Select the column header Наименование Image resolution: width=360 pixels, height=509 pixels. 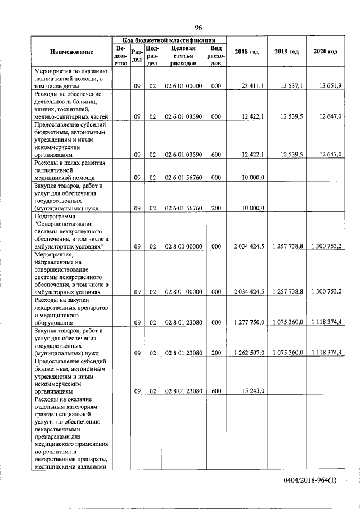click(71, 52)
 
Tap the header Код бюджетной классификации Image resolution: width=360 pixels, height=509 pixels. click(169, 40)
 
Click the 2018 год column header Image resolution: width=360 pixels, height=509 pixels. click(247, 52)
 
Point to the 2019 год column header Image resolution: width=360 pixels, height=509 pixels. click(286, 52)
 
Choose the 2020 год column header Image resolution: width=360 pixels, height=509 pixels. click(325, 52)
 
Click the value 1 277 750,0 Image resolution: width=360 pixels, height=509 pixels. click(249, 322)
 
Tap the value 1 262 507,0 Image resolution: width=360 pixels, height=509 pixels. click(249, 352)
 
